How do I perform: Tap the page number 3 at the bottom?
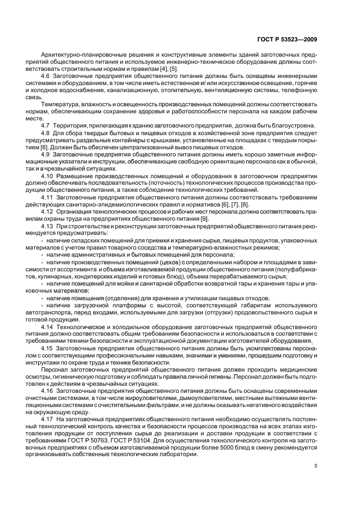click(315, 465)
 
